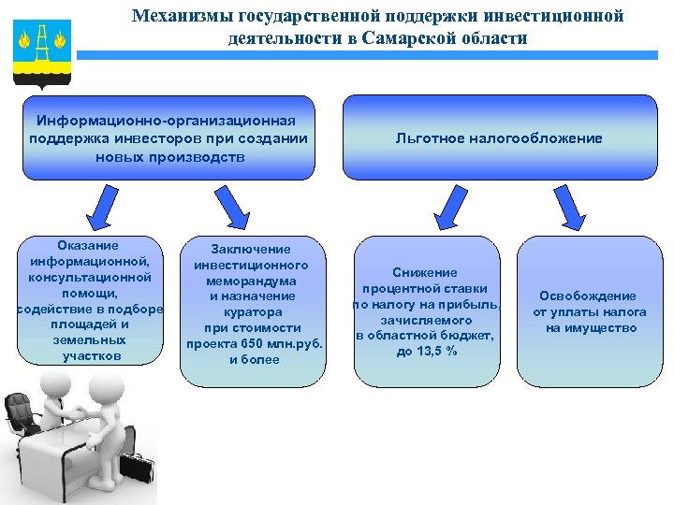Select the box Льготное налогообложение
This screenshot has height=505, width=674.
(x=499, y=138)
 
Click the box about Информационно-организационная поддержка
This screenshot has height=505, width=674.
(x=168, y=138)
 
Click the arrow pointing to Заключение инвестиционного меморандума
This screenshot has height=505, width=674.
(x=233, y=205)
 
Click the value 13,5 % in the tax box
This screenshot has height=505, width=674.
(x=438, y=351)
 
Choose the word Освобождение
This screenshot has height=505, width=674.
(x=587, y=296)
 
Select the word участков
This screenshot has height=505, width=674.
(x=91, y=356)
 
